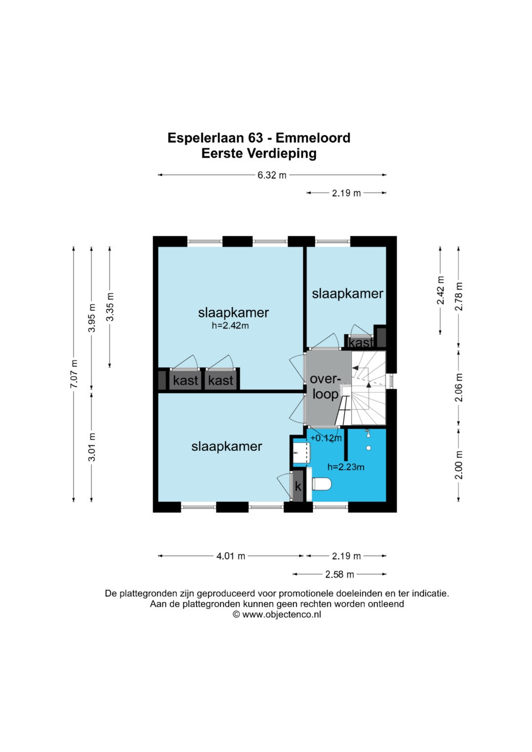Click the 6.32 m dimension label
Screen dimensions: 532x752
pos(272,175)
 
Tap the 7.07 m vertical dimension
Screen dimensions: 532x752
pos(73,374)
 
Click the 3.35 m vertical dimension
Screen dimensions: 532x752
pos(110,307)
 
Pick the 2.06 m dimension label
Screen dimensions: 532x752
pos(459,388)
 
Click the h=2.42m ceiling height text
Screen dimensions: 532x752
pos(230,326)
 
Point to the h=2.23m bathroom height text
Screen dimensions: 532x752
pos(346,467)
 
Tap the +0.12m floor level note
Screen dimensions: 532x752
pos(326,438)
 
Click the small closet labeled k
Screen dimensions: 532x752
pos(298,486)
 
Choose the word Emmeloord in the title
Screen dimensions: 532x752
pos(313,138)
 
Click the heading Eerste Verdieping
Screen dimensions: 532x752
pos(259,154)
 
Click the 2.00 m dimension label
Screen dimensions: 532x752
pos(459,465)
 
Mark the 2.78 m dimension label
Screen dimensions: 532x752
pos(459,296)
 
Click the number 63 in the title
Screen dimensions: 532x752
pos(256,138)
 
